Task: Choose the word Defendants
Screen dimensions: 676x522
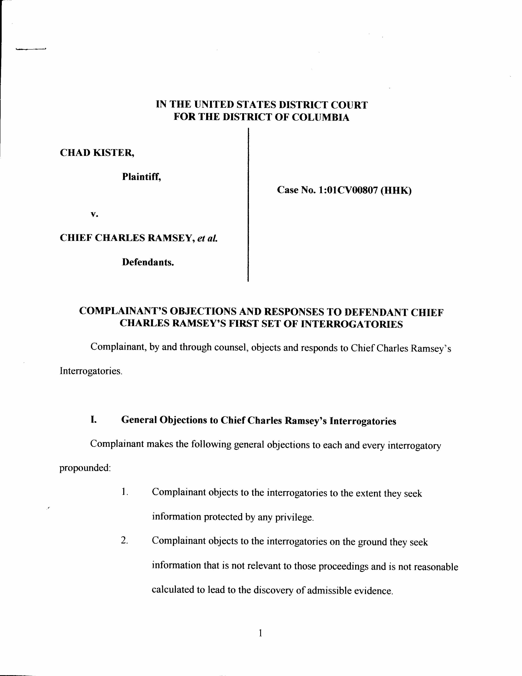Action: pyautogui.click(x=148, y=262)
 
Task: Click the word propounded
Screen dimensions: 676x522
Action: pyautogui.click(x=85, y=468)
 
